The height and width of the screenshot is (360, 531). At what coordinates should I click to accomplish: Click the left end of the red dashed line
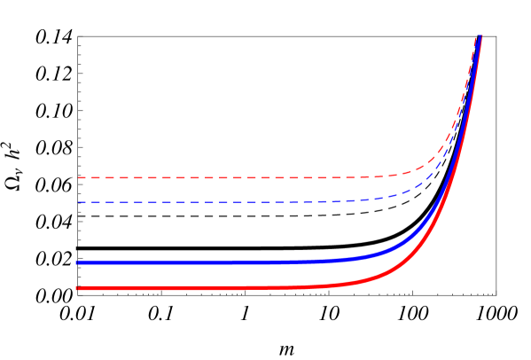tap(78, 177)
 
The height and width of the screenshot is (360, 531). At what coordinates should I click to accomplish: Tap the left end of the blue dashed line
tap(78, 202)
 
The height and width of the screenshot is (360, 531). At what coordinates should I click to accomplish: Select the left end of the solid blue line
tap(78, 262)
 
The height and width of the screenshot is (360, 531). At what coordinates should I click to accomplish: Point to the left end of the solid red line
tap(78, 288)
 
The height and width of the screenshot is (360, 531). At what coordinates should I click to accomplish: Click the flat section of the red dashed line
tap(222, 177)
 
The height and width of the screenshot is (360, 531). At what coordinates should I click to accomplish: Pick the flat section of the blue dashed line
tap(222, 202)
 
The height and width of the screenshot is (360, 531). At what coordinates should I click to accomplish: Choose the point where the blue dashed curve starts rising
tap(399, 196)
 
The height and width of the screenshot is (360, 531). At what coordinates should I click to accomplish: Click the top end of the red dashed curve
tap(478, 35)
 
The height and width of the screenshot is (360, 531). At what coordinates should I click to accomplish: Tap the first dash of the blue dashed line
tap(82, 202)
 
